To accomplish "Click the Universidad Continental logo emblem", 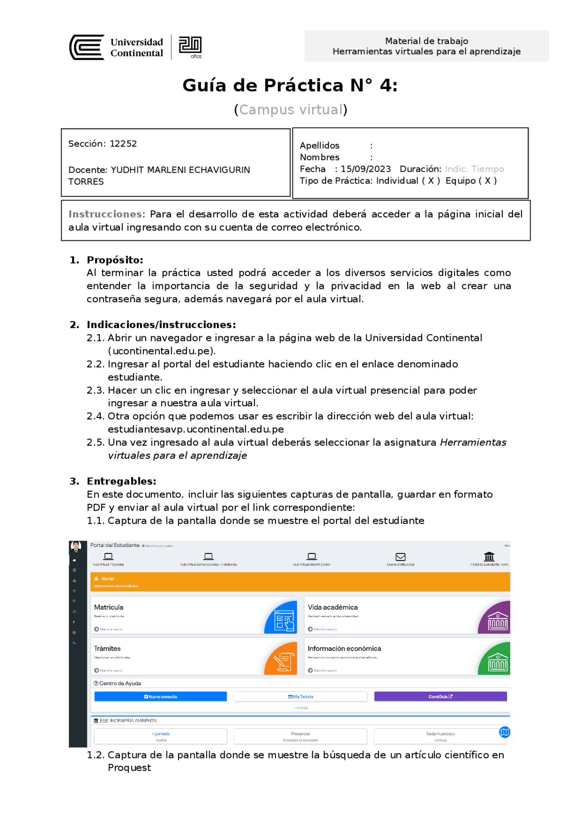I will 87,47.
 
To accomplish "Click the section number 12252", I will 123,144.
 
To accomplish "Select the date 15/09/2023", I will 365,169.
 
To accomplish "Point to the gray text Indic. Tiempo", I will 474,169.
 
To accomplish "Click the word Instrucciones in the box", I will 105,214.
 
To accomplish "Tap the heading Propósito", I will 115,260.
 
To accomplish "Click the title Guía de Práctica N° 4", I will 290,85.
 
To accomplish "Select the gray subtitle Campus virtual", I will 290,110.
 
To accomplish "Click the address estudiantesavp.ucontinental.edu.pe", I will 196,429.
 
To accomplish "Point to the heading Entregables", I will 121,481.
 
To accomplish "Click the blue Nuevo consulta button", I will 161,697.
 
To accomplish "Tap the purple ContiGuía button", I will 440,697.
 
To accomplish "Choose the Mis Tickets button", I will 300,697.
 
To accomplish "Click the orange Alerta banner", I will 300,582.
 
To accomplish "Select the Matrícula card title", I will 108,607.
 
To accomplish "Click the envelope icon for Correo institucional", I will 400,556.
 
